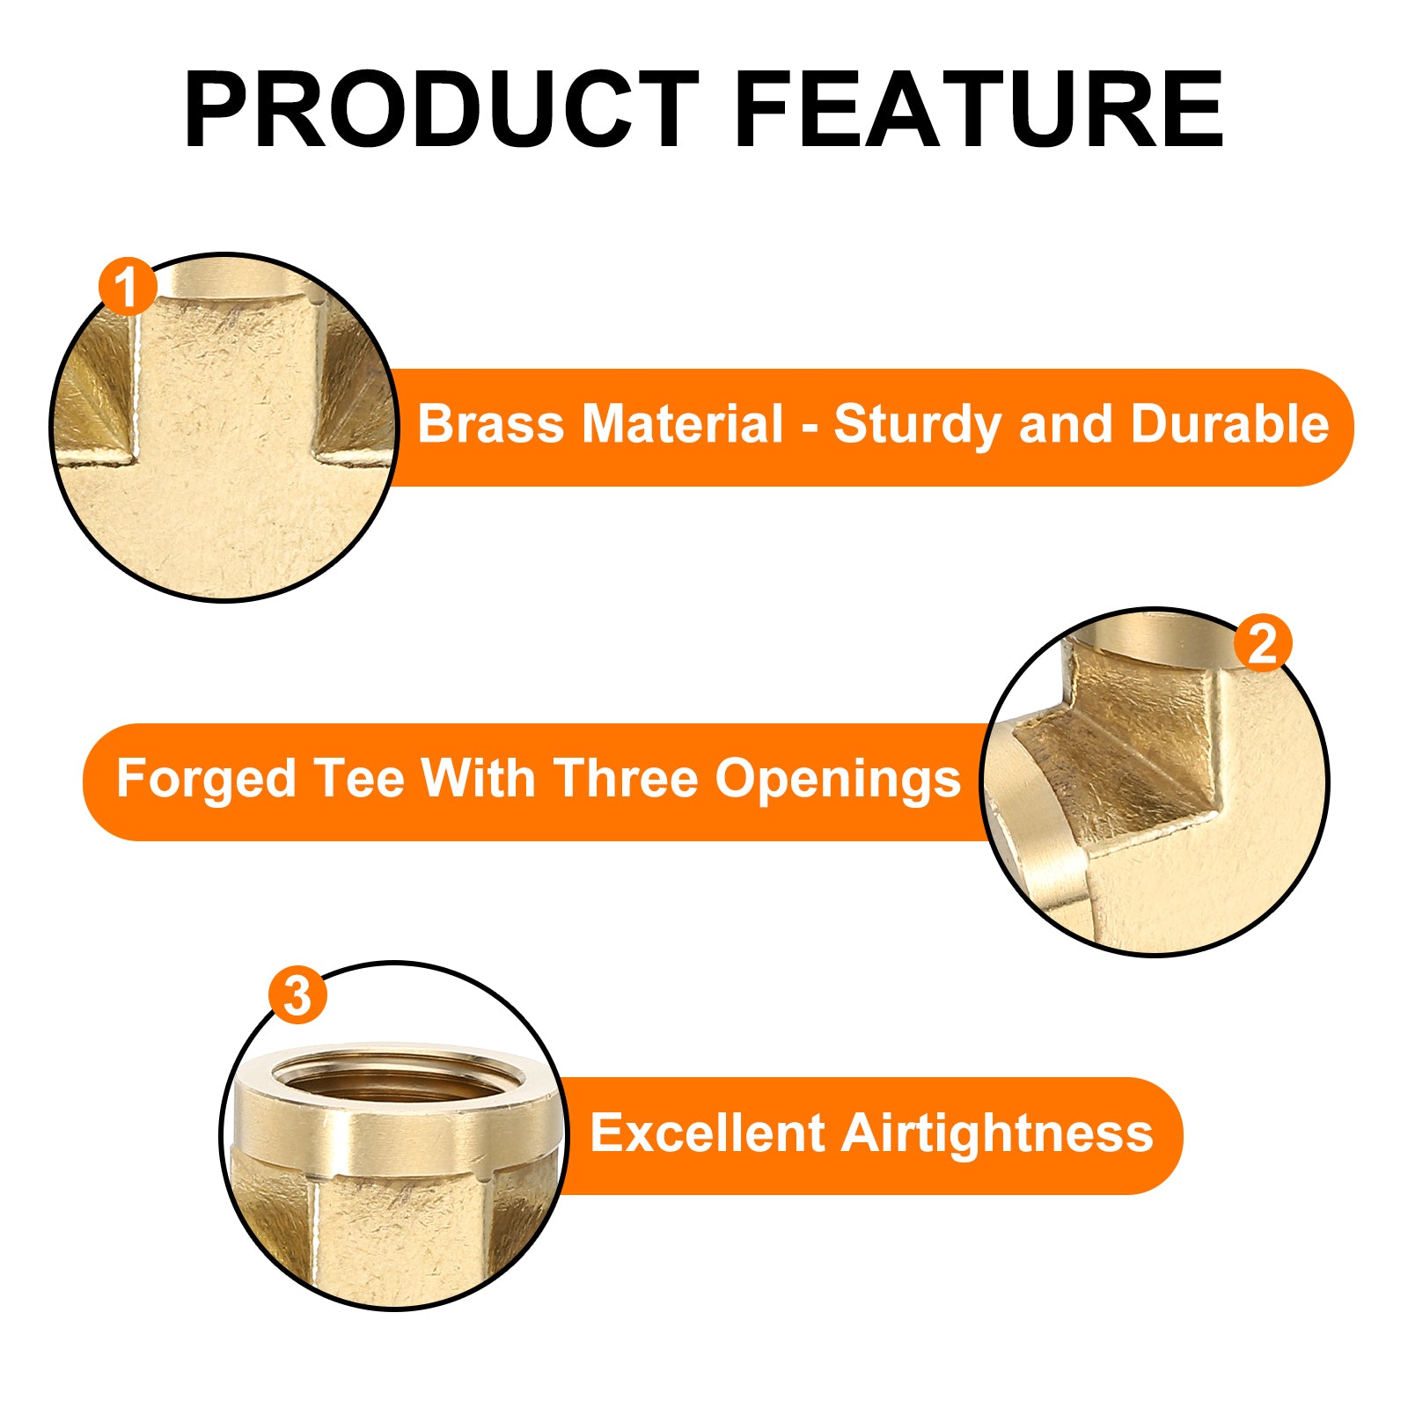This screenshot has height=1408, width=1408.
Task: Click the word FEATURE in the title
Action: [x=979, y=111]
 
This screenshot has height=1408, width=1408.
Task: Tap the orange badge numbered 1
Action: [x=128, y=286]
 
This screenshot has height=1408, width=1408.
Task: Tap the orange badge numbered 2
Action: [x=1262, y=643]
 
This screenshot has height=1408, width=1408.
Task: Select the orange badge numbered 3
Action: [x=297, y=996]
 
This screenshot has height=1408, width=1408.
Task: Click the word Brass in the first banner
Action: [x=490, y=424]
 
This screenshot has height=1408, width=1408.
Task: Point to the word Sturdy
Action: [x=918, y=426]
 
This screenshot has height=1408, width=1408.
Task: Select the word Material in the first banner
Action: [x=682, y=424]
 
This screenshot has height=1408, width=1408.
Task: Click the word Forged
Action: [x=206, y=780]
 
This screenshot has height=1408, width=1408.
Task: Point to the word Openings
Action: [x=838, y=781]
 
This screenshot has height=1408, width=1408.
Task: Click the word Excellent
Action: [x=707, y=1133]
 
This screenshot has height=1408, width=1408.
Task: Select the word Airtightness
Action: [x=997, y=1133]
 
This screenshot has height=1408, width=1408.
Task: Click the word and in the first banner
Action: [x=1066, y=424]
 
